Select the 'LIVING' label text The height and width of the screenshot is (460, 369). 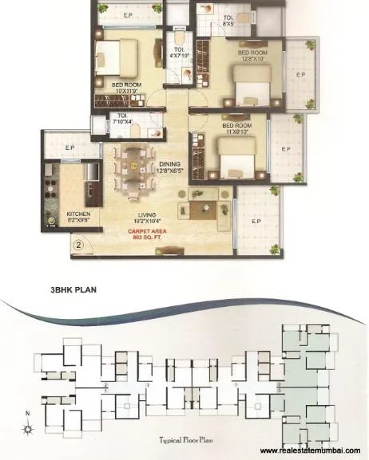(x=145, y=210)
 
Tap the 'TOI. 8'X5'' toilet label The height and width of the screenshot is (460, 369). (x=228, y=20)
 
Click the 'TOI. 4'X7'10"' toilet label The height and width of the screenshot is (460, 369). (x=179, y=53)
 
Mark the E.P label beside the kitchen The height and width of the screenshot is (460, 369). (x=69, y=147)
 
